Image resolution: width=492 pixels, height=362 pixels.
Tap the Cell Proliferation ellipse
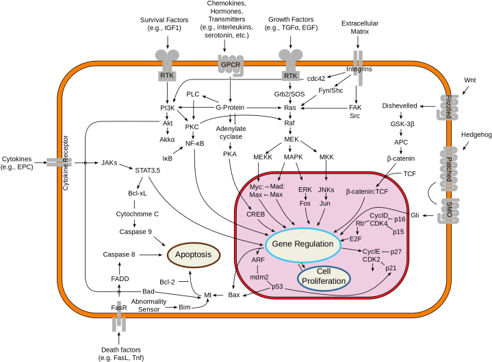[324, 276]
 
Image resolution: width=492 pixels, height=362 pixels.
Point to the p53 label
[277, 287]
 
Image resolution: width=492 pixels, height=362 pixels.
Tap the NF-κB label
[196, 143]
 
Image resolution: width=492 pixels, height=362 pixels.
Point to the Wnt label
[470, 80]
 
